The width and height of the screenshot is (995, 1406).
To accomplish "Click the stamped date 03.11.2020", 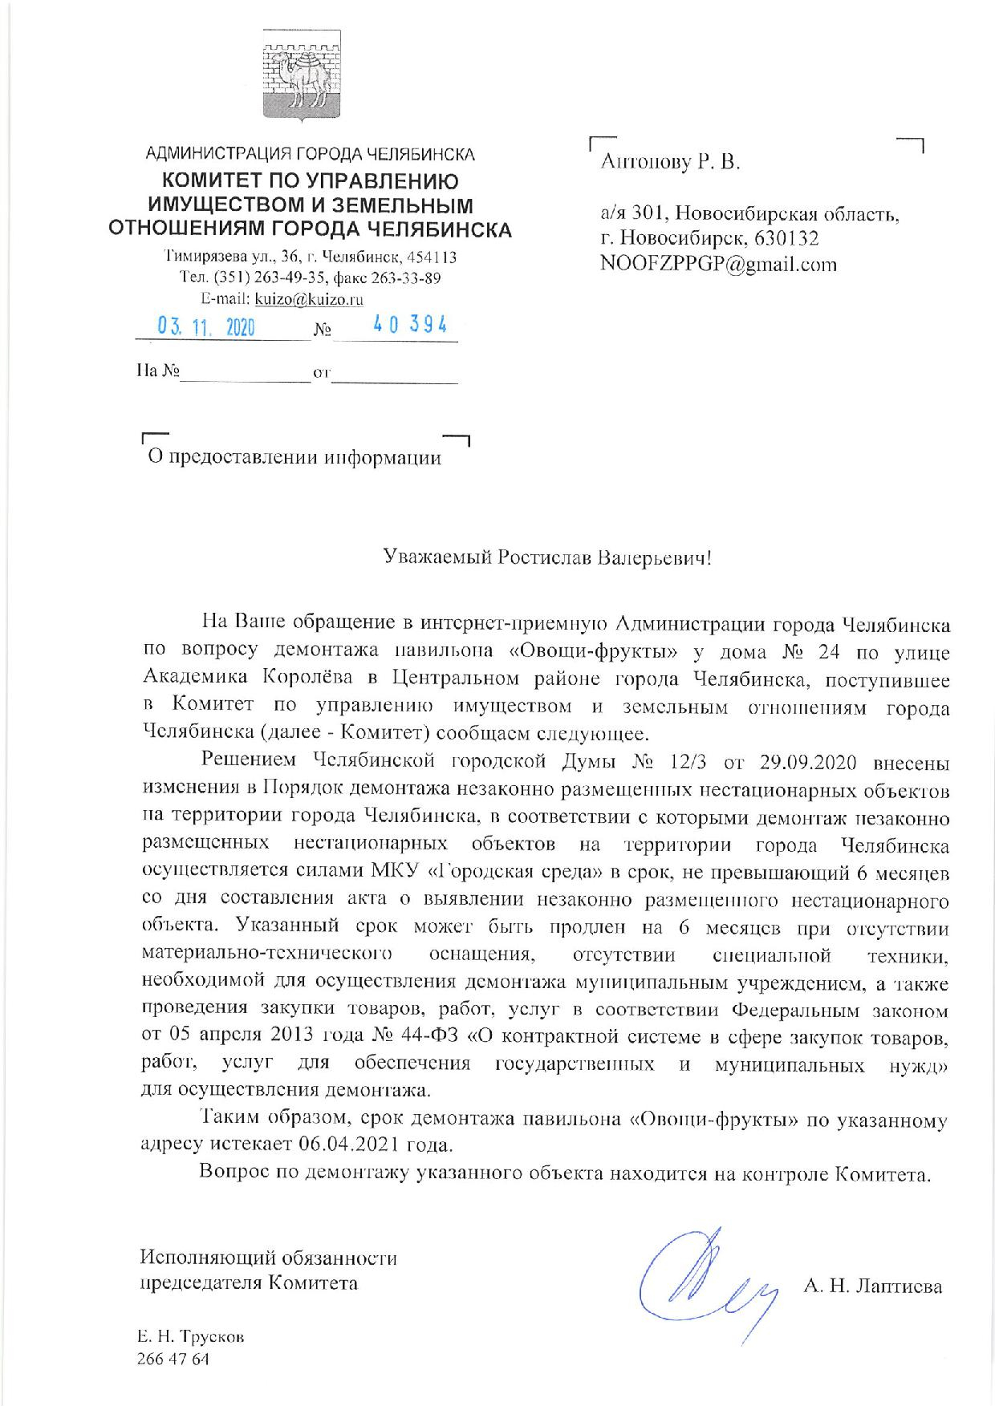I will (207, 327).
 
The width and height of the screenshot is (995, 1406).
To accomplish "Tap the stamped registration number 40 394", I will (410, 325).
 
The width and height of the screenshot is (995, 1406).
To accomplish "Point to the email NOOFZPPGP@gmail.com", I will (718, 265).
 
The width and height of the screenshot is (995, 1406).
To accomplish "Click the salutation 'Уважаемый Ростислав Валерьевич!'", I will (546, 557).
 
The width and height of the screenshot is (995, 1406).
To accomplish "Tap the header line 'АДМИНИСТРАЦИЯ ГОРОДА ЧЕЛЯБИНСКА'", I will (310, 154).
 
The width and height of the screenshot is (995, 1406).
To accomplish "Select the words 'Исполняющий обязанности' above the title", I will (268, 1258).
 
